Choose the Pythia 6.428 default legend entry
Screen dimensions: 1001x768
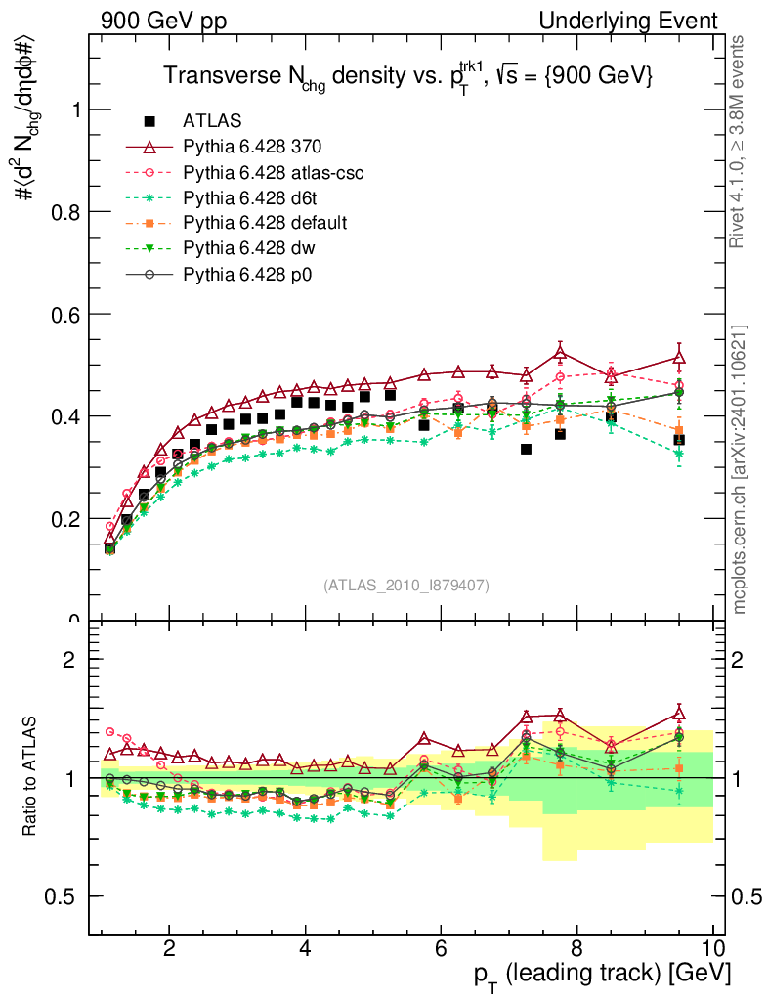click(x=264, y=223)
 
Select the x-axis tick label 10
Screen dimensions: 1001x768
click(x=712, y=948)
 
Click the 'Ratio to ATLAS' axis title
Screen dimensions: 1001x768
click(x=32, y=777)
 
